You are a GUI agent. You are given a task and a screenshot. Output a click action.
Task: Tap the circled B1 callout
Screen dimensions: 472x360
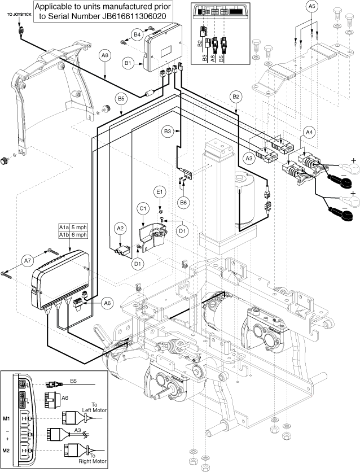click(128, 64)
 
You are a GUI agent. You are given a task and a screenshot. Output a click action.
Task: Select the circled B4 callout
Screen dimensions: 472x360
click(137, 35)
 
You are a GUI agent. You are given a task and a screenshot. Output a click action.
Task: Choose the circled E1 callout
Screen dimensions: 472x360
click(160, 193)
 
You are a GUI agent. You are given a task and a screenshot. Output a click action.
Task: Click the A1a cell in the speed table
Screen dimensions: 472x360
click(65, 228)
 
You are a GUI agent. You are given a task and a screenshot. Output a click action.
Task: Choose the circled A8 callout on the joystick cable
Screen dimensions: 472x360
click(106, 55)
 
